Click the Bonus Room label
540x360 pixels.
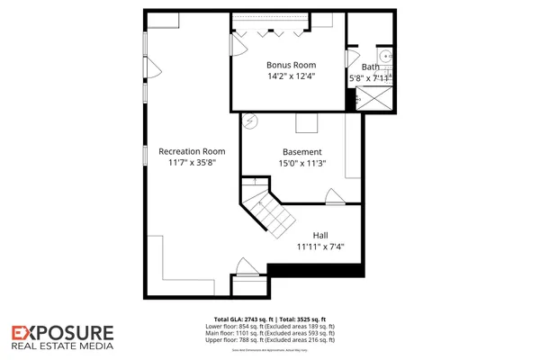290,65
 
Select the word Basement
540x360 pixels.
301,152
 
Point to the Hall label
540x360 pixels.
320,234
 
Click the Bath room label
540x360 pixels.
370,67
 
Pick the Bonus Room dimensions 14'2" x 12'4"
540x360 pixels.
290,77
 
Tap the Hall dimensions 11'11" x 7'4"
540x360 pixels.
320,246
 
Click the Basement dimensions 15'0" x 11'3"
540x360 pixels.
301,164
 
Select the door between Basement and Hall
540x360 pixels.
335,197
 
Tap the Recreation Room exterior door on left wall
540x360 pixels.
151,67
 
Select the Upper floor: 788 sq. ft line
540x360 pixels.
274,340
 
